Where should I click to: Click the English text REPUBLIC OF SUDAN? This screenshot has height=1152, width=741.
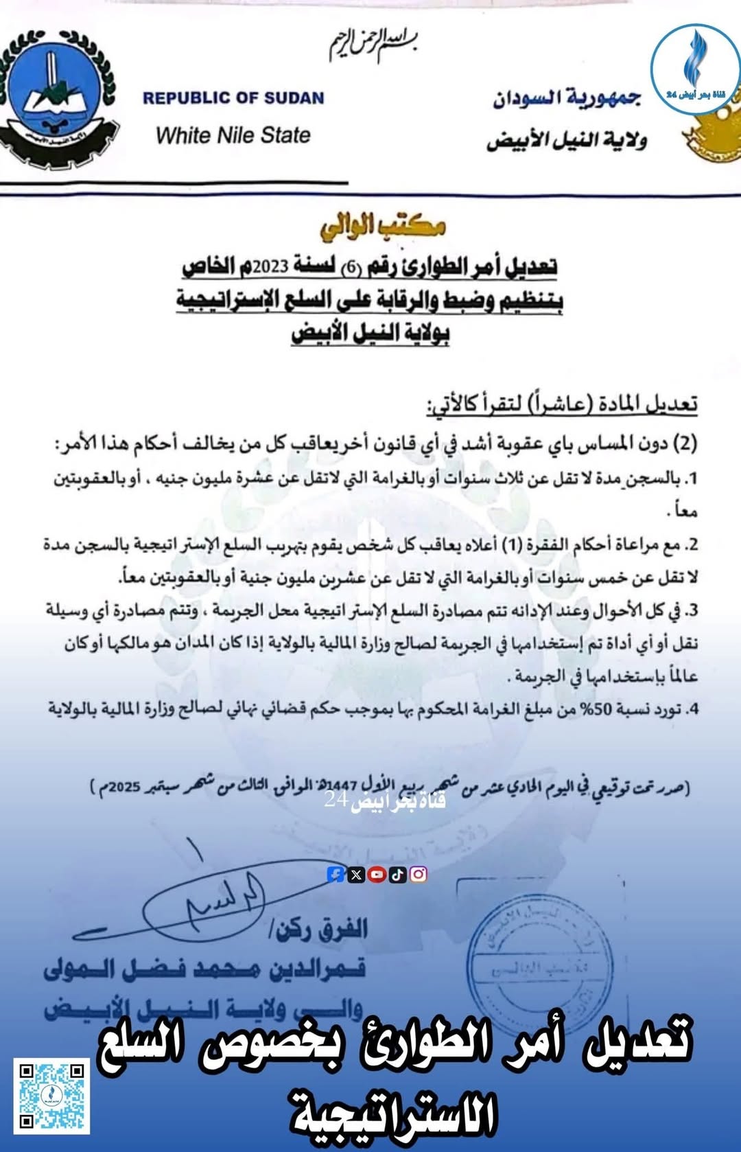[233, 98]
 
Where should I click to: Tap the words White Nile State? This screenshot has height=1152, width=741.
[233, 135]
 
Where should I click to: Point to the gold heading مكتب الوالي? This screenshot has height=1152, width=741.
[382, 225]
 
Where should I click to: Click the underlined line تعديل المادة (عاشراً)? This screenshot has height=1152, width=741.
[563, 404]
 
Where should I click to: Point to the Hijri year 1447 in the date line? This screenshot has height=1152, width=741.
[343, 784]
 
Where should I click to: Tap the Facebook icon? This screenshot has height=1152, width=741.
[336, 874]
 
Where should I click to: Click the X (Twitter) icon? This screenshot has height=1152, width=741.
[356, 874]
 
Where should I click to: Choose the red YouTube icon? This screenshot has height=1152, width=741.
[377, 874]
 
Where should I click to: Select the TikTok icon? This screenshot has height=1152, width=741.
[397, 874]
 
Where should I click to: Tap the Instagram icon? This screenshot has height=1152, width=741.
[418, 874]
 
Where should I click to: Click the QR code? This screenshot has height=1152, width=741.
[51, 1096]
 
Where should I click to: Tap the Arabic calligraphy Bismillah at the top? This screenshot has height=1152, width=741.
[374, 45]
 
